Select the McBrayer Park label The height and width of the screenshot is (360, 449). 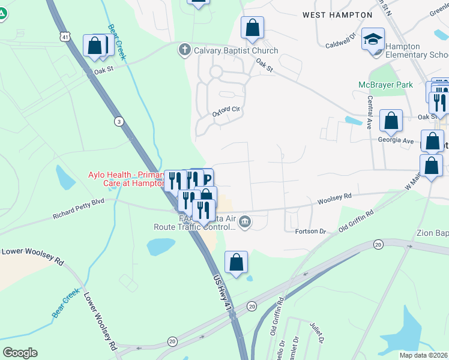(385, 85)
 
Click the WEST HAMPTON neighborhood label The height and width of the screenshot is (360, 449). (337, 14)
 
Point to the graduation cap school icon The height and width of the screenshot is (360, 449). (373, 40)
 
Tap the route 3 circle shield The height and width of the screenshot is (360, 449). (119, 121)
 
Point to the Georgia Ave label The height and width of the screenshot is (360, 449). (396, 140)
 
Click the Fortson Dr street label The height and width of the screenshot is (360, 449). (310, 230)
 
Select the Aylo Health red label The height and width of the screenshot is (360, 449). (125, 179)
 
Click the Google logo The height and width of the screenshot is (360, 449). (20, 352)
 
